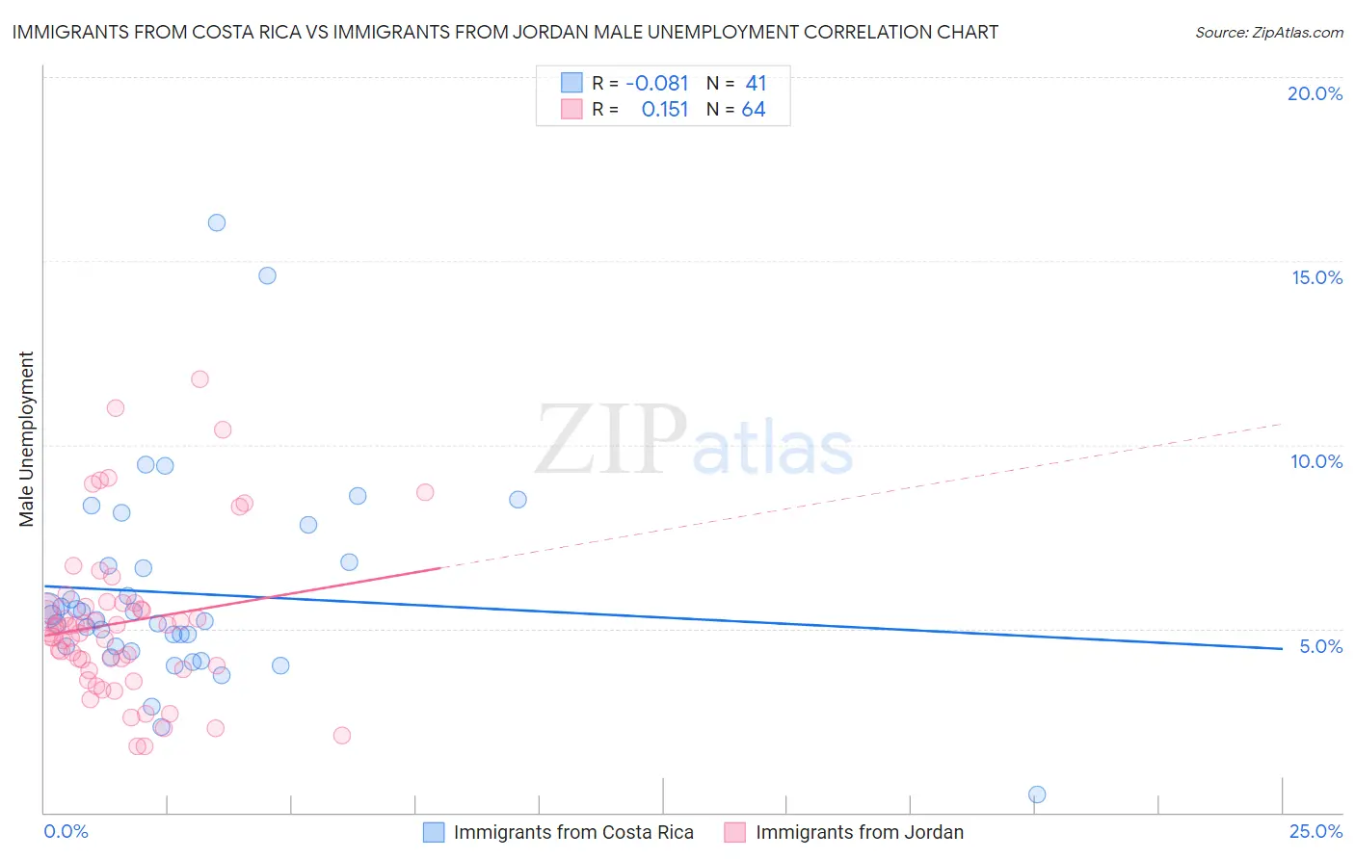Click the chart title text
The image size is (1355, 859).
coord(505,32)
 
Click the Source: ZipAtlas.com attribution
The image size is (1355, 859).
coord(1268,32)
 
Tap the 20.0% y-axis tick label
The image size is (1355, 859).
coord(1315,93)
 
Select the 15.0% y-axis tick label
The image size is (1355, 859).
coord(1316,277)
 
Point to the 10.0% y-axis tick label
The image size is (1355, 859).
coord(1316,461)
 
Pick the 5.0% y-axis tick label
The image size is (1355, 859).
coord(1320,646)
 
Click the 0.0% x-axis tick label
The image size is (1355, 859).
coord(66,831)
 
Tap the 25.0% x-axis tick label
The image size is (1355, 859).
coord(1315,831)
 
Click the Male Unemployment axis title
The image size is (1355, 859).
coord(27,439)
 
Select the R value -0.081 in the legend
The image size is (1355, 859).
coord(656,84)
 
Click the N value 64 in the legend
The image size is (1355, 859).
coord(754,110)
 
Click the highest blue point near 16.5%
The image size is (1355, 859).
coord(217,222)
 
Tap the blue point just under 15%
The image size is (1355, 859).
coord(267,275)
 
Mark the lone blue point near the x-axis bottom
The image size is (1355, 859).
coord(1037,794)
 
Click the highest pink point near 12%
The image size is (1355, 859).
coord(199,378)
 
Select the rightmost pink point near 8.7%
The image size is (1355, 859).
coord(425,492)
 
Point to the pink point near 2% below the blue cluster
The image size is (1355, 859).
coord(341,736)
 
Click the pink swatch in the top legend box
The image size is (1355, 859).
coord(571,110)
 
